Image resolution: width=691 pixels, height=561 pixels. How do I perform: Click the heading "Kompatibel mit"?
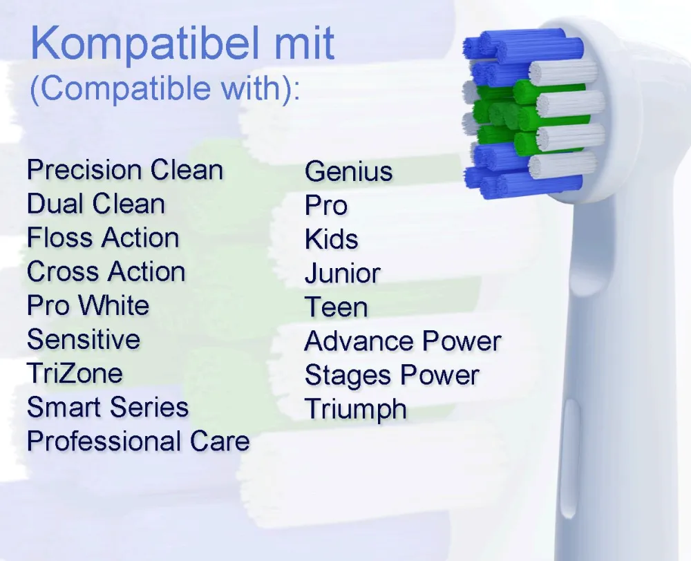pyautogui.click(x=182, y=43)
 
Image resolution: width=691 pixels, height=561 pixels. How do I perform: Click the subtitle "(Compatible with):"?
pyautogui.click(x=165, y=88)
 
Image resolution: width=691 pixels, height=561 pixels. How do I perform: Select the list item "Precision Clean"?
pyautogui.click(x=125, y=170)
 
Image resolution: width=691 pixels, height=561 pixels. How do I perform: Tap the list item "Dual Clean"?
pyautogui.click(x=96, y=204)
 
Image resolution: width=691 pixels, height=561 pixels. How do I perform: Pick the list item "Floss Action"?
pyautogui.click(x=103, y=238)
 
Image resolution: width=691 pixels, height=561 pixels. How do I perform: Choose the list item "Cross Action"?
pyautogui.click(x=106, y=272)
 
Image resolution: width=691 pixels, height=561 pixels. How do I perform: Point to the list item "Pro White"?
pyautogui.click(x=88, y=305)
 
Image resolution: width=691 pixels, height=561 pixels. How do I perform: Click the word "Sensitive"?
pyautogui.click(x=84, y=339)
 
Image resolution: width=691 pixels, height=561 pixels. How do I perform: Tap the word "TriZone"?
pyautogui.click(x=75, y=373)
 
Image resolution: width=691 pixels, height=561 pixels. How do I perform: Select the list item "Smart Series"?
pyautogui.click(x=108, y=407)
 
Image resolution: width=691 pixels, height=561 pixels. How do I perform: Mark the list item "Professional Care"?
pyautogui.click(x=138, y=441)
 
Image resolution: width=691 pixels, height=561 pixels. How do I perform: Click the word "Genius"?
pyautogui.click(x=348, y=171)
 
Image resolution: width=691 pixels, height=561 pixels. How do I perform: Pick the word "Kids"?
pyautogui.click(x=332, y=239)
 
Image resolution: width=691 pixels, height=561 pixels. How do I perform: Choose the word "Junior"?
pyautogui.click(x=343, y=273)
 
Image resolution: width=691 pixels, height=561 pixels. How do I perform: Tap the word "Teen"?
pyautogui.click(x=337, y=307)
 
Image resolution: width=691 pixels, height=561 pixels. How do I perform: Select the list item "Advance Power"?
pyautogui.click(x=403, y=341)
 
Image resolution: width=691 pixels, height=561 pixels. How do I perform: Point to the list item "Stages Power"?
pyautogui.click(x=392, y=375)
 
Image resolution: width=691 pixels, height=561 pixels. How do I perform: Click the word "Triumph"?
pyautogui.click(x=356, y=409)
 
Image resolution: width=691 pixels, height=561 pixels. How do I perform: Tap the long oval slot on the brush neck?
pyautogui.click(x=570, y=458)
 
